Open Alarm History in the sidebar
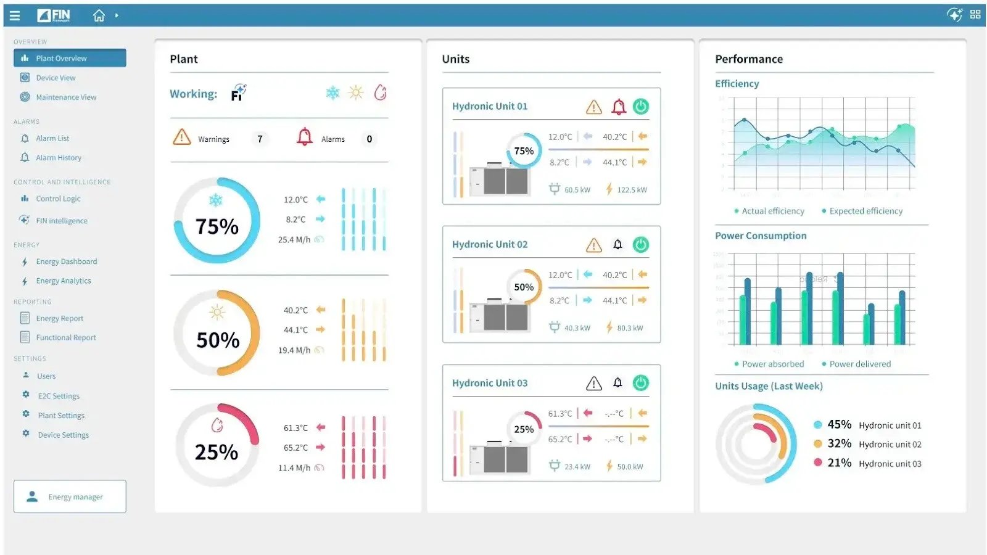coord(58,158)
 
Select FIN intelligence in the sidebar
coord(61,221)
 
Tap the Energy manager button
coord(70,496)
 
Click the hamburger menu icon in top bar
coord(15,15)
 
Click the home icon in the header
coord(99,15)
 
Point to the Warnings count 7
coord(260,139)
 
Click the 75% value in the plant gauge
coord(217,226)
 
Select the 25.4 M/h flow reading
coord(294,240)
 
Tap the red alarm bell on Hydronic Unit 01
coord(618,107)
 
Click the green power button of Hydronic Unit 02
coord(641,245)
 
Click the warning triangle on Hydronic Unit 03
coord(593,384)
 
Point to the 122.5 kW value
coord(632,190)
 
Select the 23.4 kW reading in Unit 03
coord(577,467)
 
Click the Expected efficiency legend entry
coord(865,211)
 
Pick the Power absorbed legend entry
coord(772,364)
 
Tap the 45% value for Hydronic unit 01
coord(839,424)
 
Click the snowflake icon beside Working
coord(332,93)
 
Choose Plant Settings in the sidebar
coord(61,416)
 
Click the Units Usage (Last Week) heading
coord(769,386)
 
